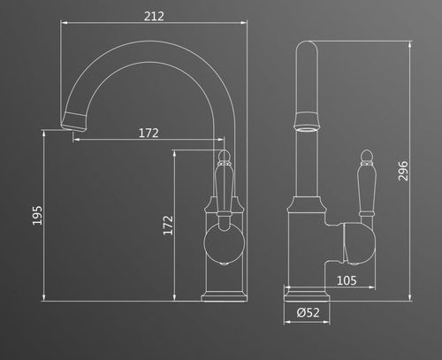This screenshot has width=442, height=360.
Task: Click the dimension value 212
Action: [x=154, y=16]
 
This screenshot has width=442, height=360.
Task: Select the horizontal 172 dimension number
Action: [x=149, y=133]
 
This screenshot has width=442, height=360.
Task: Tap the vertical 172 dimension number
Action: [x=168, y=226]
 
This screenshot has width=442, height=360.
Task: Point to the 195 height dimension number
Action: [x=37, y=216]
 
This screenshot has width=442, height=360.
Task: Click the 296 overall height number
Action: [x=403, y=171]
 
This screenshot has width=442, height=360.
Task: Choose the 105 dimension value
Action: [x=347, y=280]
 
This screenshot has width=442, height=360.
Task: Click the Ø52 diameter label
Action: [x=308, y=312]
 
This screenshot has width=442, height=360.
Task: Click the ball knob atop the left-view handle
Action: [x=224, y=157]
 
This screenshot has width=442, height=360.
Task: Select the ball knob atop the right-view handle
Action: [x=366, y=157]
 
